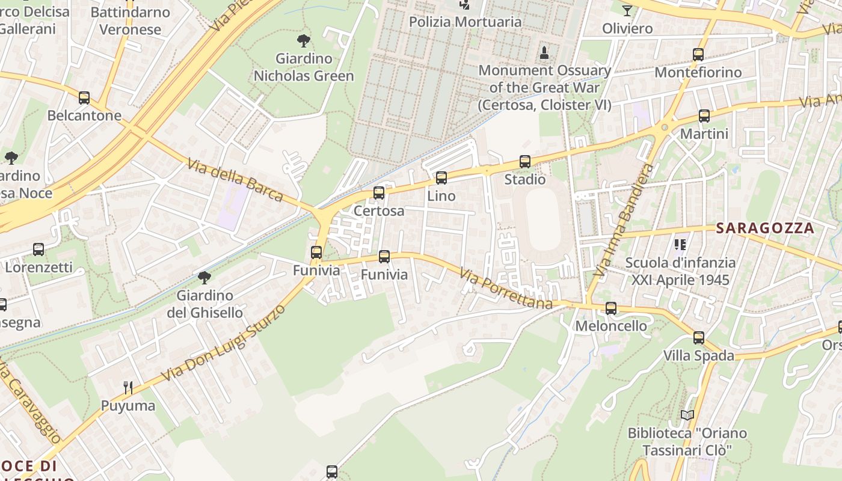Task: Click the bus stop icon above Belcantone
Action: (x=84, y=98)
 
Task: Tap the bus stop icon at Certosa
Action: (x=379, y=193)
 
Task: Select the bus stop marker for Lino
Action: (x=441, y=178)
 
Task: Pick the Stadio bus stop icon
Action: (x=525, y=162)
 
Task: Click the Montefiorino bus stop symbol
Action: (x=698, y=55)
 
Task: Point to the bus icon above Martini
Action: (x=704, y=116)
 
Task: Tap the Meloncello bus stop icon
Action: (x=611, y=308)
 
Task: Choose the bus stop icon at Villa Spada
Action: (x=699, y=338)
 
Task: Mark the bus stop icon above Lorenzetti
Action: (x=38, y=250)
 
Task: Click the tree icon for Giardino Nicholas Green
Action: (x=304, y=41)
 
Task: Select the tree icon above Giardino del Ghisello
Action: (x=204, y=277)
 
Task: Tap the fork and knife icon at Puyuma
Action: (x=128, y=387)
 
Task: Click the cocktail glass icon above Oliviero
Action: (x=627, y=10)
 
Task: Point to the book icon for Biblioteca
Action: (x=687, y=415)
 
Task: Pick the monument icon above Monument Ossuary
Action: (x=544, y=52)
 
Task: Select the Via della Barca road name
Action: (x=235, y=180)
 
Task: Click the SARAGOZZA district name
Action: (x=764, y=228)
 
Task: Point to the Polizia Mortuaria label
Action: (x=465, y=22)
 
